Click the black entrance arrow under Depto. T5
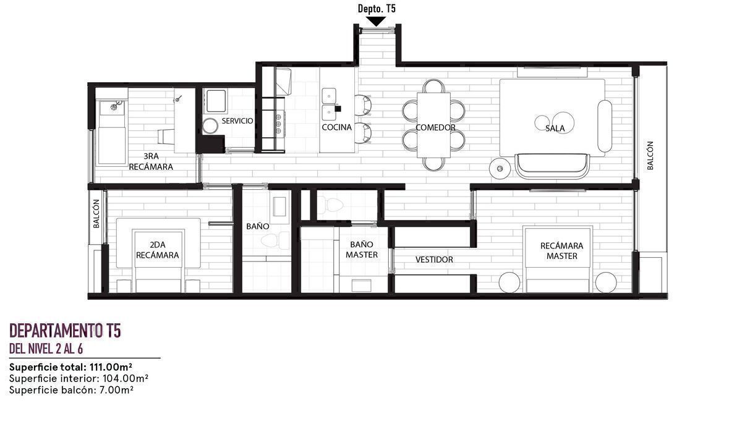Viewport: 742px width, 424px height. click(x=377, y=22)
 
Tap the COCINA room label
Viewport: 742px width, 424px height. click(x=336, y=127)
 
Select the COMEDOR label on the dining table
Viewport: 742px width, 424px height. click(x=435, y=127)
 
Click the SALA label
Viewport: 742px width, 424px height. click(x=555, y=128)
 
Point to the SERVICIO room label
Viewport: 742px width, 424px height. click(x=237, y=121)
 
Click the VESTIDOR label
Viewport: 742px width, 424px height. click(x=434, y=260)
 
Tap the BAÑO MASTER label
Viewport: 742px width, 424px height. click(x=361, y=250)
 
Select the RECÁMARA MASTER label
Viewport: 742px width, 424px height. click(x=561, y=251)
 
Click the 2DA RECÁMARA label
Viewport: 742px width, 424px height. click(x=157, y=250)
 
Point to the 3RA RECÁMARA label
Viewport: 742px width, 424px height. click(x=151, y=161)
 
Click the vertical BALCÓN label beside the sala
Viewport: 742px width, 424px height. click(x=650, y=156)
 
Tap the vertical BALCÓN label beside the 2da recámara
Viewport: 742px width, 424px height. click(x=96, y=213)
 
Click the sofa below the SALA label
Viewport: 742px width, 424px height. click(x=552, y=166)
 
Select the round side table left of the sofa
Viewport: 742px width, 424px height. click(x=500, y=169)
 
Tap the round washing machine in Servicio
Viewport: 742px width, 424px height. click(x=210, y=125)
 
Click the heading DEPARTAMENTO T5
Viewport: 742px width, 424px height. click(x=65, y=331)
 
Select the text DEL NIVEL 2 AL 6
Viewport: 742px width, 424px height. click(x=46, y=349)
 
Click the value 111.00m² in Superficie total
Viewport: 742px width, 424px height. click(x=110, y=367)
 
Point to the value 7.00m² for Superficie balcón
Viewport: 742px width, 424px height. click(x=116, y=390)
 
